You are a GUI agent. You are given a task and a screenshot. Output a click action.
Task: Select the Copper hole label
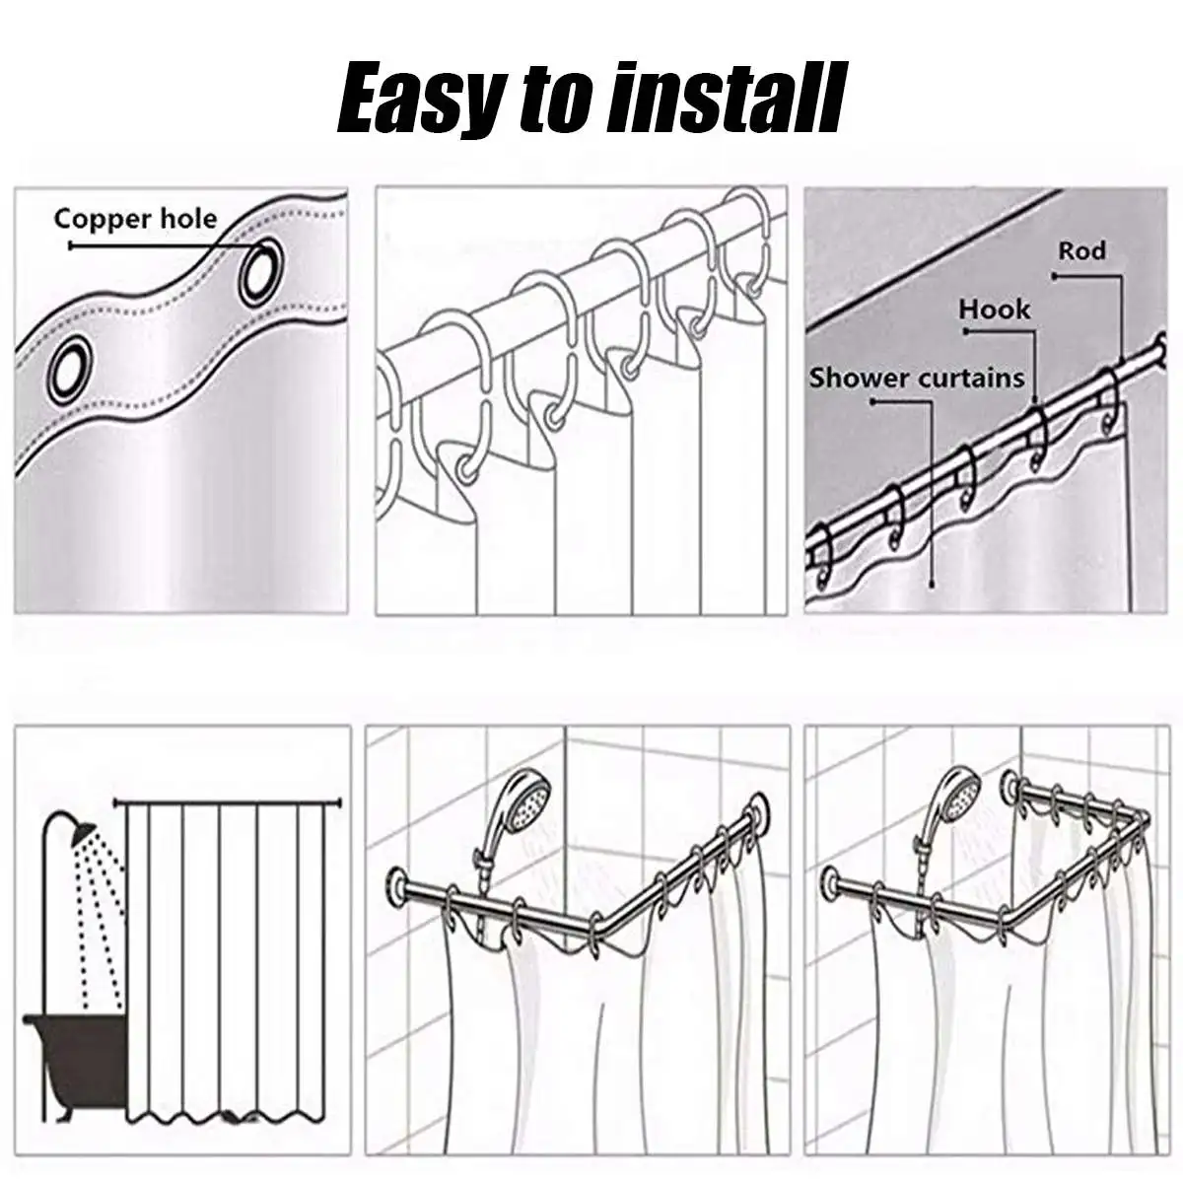coord(135,218)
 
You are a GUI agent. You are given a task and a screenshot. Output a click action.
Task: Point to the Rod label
coord(1081,251)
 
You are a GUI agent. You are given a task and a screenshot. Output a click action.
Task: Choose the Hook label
coord(994,310)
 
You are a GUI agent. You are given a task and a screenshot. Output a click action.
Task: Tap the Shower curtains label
coord(917,378)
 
